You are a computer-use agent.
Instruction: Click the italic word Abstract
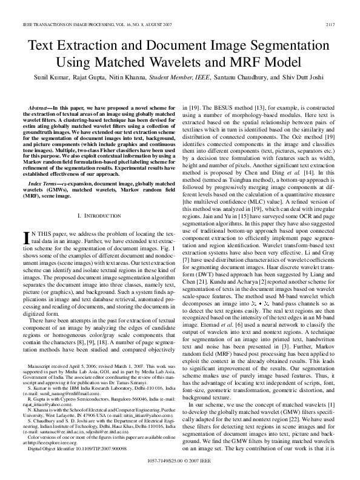click(x=39, y=106)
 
